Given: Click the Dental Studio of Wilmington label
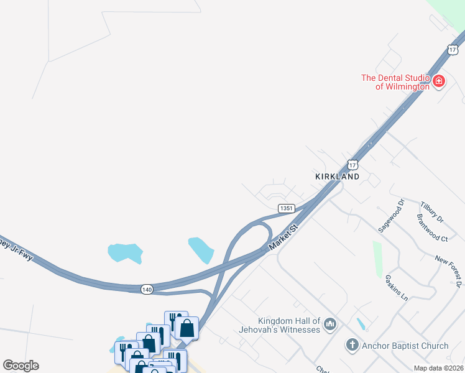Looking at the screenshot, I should click(x=395, y=82).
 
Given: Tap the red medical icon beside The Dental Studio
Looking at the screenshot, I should click(x=439, y=81).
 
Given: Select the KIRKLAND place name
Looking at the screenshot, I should click(x=338, y=177).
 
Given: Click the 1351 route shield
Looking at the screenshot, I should click(x=286, y=208).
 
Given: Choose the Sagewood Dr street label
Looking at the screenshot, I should click(x=391, y=216).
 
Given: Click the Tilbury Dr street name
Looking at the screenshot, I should click(x=431, y=212).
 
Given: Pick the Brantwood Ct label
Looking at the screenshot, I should click(x=433, y=228).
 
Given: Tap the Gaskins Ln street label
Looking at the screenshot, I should click(x=396, y=288).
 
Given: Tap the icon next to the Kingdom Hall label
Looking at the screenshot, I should click(x=330, y=324).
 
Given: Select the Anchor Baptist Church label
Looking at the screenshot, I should click(x=405, y=346).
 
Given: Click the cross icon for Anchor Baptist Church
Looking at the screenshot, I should click(x=352, y=345).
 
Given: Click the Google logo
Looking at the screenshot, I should click(x=21, y=366).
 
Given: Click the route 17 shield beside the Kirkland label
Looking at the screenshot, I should click(x=353, y=165).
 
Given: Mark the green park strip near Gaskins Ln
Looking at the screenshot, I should click(x=377, y=259).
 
